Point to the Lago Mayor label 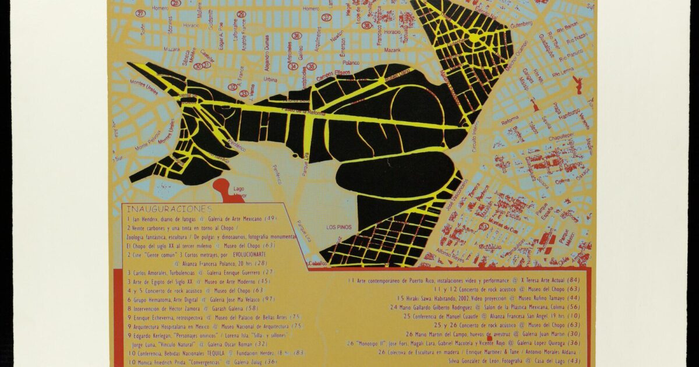239,193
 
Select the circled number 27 140,13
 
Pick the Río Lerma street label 564,74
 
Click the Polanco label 352,62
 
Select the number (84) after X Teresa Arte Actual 573,280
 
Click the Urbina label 270,79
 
